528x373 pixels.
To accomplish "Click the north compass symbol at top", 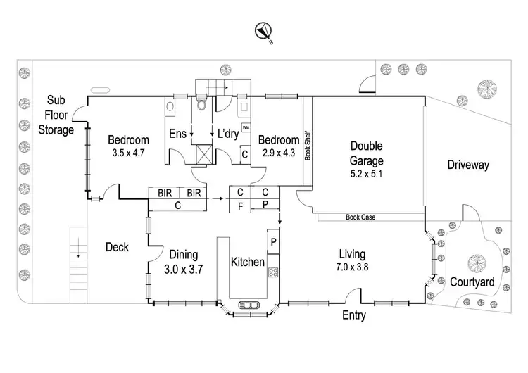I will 264,30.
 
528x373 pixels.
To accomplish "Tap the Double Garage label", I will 367,153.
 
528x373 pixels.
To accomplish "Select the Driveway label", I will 468,165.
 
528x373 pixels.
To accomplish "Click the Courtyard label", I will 472,282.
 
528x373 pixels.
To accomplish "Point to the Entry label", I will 353,316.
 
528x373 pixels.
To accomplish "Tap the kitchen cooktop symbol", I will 273,272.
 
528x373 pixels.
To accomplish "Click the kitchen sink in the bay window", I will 249,305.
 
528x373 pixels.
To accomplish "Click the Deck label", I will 117,247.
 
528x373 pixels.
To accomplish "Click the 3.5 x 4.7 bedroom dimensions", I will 129,152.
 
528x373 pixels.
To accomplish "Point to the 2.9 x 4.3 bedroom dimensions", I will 279,152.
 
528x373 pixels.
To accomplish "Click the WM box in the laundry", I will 246,127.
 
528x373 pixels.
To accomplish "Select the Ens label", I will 177,133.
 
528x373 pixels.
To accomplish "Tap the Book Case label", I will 360,217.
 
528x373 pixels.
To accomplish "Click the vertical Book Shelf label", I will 308,146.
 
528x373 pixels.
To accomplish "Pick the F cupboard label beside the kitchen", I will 239,206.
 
